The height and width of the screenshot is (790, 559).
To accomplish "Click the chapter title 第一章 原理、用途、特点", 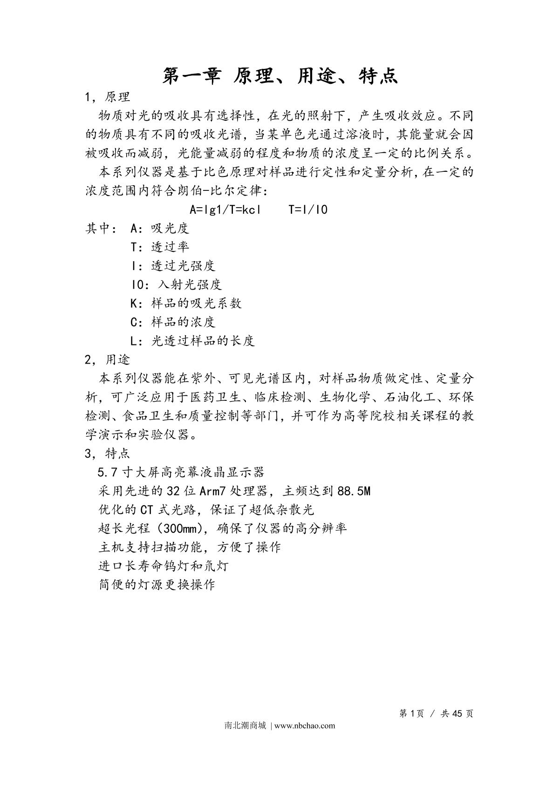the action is tap(279, 76).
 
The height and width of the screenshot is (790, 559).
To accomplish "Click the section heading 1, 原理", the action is tap(108, 97).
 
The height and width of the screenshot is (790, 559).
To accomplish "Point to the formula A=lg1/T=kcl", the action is tap(225, 209).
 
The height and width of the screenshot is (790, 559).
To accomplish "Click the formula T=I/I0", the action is tap(308, 209).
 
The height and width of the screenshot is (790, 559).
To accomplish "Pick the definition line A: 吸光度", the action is tap(160, 229).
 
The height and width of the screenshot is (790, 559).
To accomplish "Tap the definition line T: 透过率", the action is tap(160, 247).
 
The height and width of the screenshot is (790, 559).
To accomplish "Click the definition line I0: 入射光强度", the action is tap(176, 284).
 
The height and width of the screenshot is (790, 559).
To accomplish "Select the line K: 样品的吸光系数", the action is tap(186, 304).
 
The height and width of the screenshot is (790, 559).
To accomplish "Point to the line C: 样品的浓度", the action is tap(173, 322).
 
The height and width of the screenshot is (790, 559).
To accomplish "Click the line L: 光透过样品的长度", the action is tap(192, 341).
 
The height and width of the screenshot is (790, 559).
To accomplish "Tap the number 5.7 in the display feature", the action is tap(107, 473).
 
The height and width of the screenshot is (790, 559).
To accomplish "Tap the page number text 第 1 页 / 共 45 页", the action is tap(436, 714).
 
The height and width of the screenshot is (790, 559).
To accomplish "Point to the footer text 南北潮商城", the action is tap(245, 725).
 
